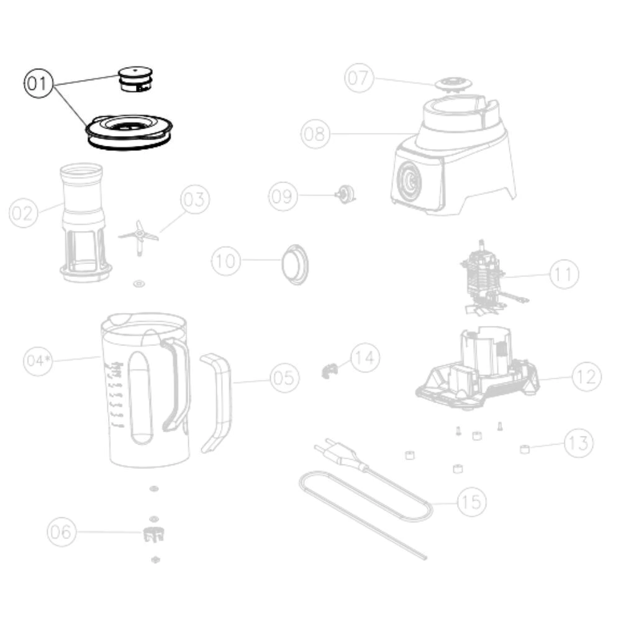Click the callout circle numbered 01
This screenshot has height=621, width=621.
click(39, 84)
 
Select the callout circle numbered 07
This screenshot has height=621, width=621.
click(359, 78)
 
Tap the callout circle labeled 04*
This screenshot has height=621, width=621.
click(38, 361)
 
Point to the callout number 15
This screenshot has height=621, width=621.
click(472, 502)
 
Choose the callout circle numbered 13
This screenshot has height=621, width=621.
click(579, 443)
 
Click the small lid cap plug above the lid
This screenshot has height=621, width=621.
click(135, 79)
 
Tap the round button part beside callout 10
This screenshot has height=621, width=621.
click(295, 264)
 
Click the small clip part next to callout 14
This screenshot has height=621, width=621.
click(330, 371)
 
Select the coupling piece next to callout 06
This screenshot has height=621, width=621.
click(153, 535)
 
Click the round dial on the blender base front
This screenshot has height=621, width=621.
click(409, 180)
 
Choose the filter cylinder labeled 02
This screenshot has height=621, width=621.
click(83, 222)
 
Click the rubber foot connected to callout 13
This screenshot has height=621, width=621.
click(525, 449)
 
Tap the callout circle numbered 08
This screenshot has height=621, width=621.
click(315, 134)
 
